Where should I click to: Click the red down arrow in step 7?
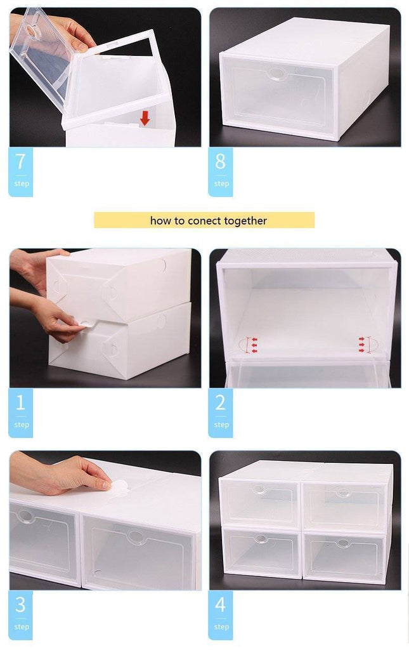tap(145, 117)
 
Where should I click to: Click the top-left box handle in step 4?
tap(260, 490)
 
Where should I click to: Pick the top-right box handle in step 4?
tap(343, 492)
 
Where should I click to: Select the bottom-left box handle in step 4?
tap(261, 538)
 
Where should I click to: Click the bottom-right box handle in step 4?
tap(343, 543)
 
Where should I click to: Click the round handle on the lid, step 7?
tap(30, 29)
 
